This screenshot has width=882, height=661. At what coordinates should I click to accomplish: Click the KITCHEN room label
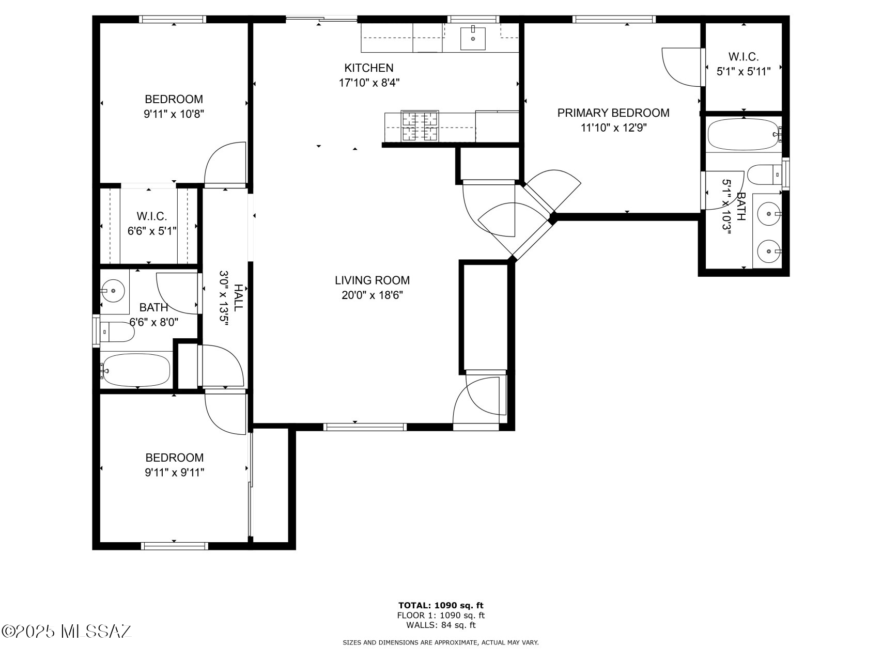[369, 68]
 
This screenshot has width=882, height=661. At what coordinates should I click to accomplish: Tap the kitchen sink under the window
[473, 38]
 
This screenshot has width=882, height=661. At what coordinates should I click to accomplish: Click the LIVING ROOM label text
[372, 280]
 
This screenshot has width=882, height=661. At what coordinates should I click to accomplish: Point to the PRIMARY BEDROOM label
[613, 113]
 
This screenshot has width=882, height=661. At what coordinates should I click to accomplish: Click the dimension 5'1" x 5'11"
[743, 71]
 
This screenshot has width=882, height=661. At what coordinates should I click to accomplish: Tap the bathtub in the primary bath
[742, 134]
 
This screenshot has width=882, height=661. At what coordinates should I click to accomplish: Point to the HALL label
[238, 297]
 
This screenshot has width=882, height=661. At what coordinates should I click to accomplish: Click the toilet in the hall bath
[117, 332]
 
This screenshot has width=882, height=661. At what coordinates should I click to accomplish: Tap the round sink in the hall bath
[113, 291]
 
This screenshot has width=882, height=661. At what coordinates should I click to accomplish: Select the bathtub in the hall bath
[135, 370]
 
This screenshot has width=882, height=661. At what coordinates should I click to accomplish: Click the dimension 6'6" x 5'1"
[152, 231]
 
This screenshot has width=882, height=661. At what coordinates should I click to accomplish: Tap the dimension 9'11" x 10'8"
[174, 114]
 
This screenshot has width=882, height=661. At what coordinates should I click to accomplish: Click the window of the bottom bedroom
[174, 545]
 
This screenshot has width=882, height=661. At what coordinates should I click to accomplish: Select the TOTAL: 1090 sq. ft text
[441, 605]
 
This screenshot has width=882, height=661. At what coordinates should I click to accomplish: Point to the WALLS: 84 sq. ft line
[441, 625]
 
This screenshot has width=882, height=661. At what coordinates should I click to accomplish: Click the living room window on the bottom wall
[365, 427]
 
